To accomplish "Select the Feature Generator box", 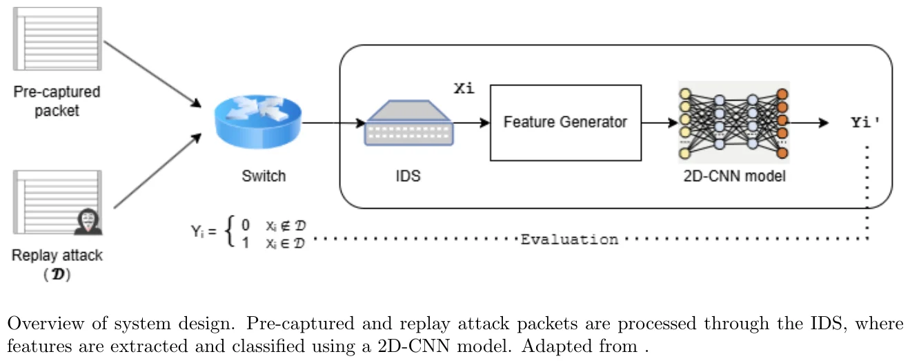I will click(565, 123).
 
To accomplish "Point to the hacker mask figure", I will click(88, 220).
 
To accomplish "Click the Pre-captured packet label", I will click(57, 101).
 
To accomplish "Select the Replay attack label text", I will click(57, 256).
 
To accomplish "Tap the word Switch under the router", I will click(264, 176).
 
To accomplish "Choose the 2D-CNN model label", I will click(733, 176).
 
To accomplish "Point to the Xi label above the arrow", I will click(464, 88).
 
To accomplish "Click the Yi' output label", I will click(865, 123).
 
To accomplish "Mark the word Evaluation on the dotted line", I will click(569, 240).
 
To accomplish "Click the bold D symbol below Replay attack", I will click(58, 274).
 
